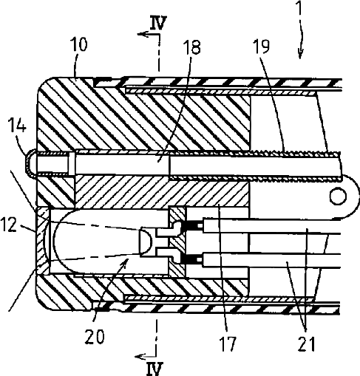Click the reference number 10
click(x=78, y=44)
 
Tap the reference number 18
click(x=191, y=47)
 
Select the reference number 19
click(x=262, y=46)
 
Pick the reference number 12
click(x=9, y=225)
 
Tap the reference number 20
click(x=95, y=336)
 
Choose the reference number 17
click(x=228, y=343)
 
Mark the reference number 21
click(x=307, y=343)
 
